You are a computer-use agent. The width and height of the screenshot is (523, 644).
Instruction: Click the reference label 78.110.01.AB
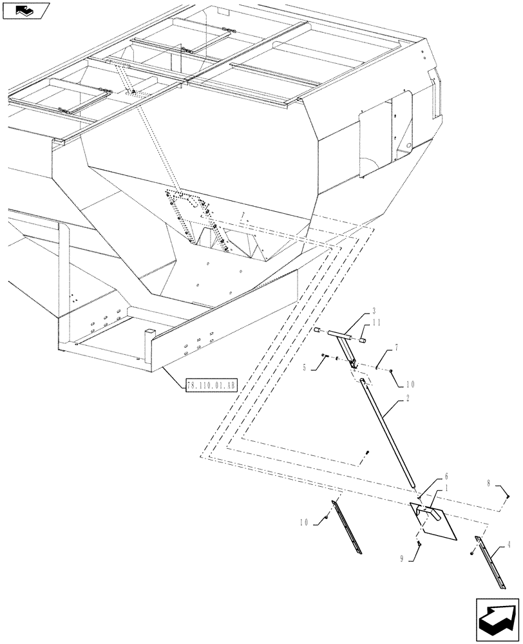(212, 386)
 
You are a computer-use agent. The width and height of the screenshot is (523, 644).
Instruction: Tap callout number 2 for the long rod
(408, 399)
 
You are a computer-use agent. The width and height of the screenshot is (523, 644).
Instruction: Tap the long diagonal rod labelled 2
(390, 435)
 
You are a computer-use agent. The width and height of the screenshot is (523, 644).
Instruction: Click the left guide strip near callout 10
(348, 527)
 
